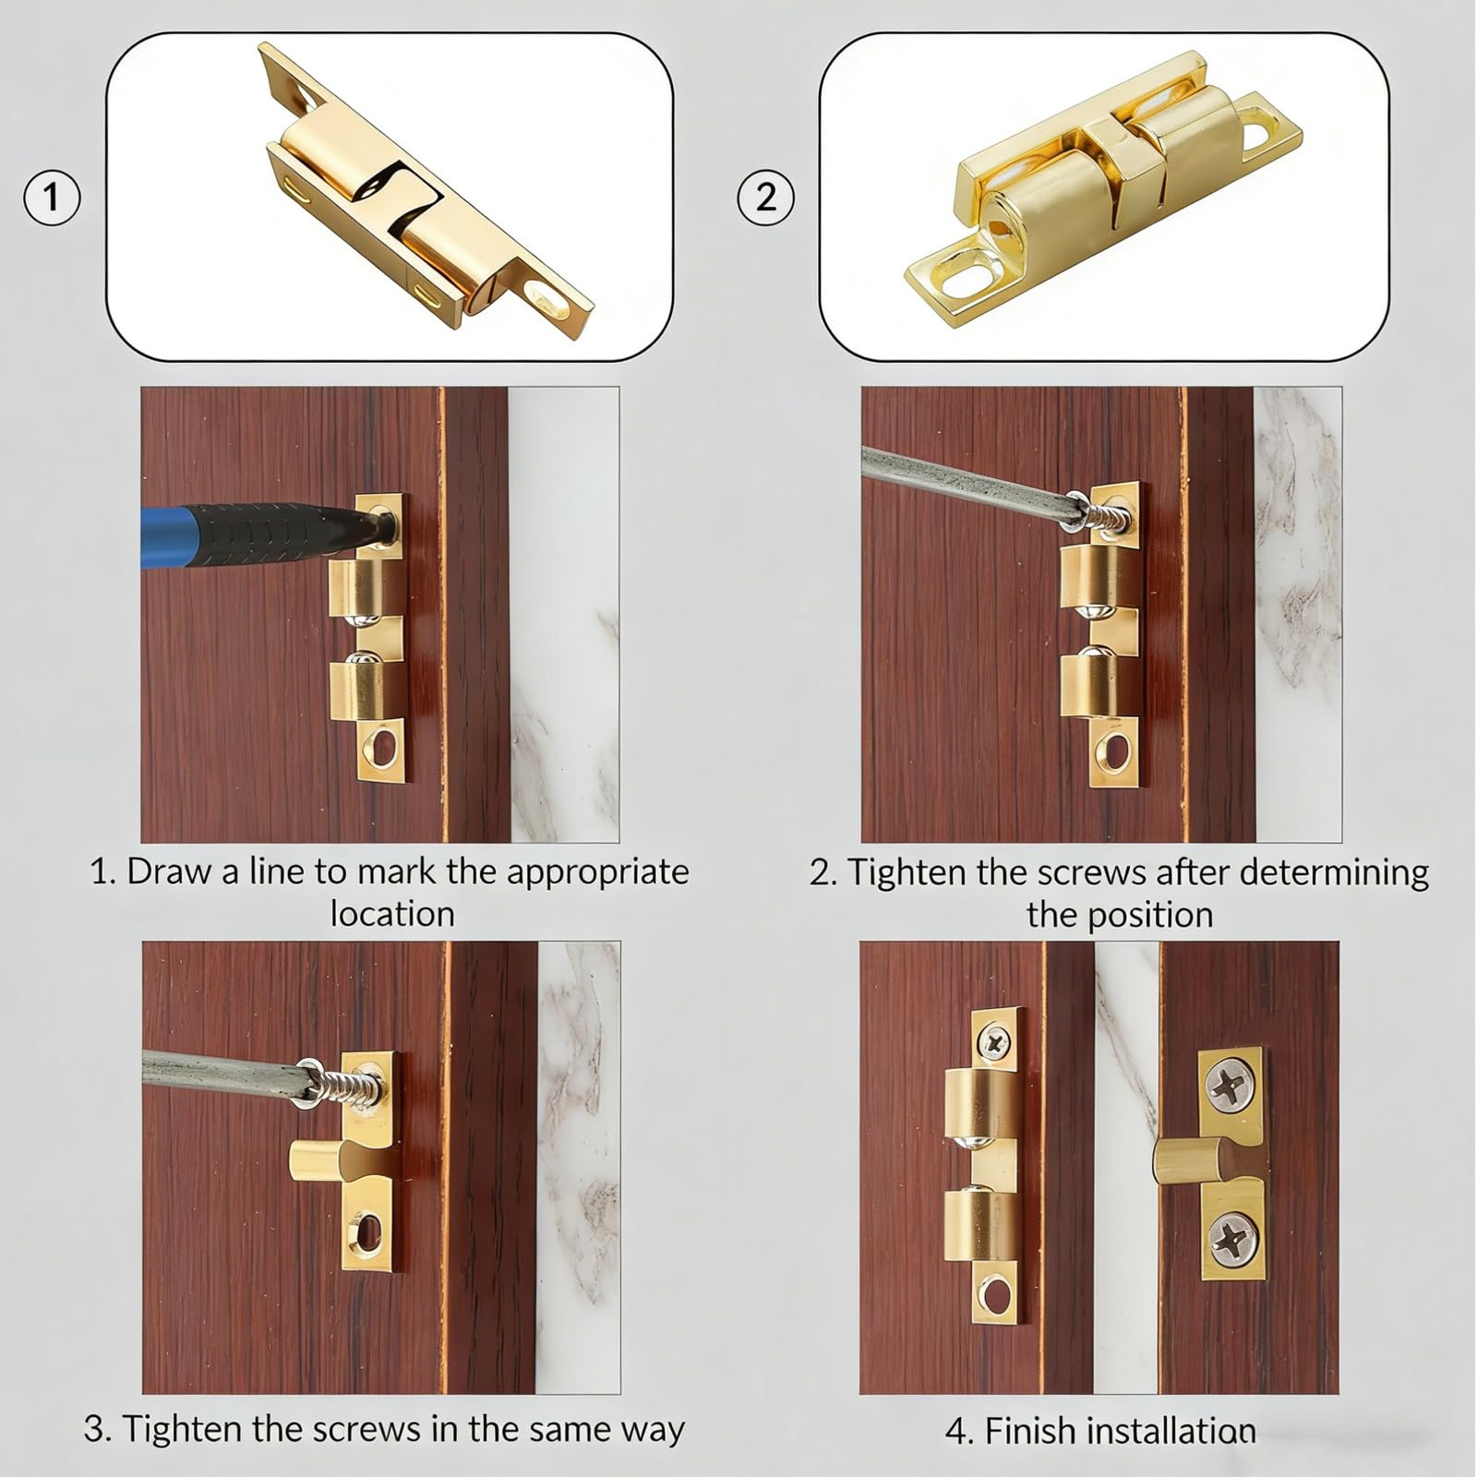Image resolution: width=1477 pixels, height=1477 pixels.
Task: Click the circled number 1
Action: pyautogui.click(x=52, y=197)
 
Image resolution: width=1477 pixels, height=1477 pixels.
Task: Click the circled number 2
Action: pyautogui.click(x=765, y=197)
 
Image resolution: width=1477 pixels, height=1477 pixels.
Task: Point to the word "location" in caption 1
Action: pyautogui.click(x=392, y=914)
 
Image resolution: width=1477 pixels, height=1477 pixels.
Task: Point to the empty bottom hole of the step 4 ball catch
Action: pyautogui.click(x=995, y=1295)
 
